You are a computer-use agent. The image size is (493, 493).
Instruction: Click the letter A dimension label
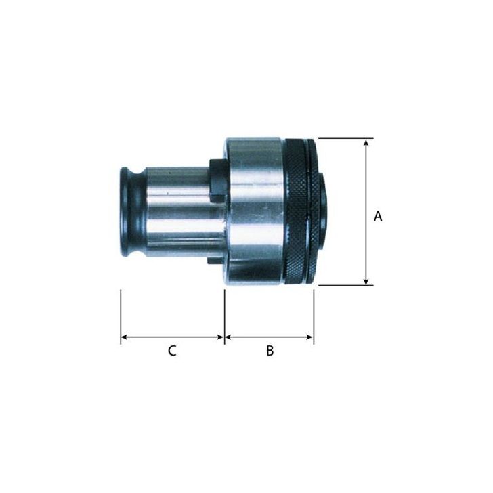click(378, 217)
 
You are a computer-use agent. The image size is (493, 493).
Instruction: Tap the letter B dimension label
click(270, 351)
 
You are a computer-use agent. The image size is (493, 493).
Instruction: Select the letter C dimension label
click(172, 351)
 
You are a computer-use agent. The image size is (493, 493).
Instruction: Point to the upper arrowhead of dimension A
click(366, 143)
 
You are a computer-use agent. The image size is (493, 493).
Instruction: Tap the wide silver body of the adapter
click(255, 212)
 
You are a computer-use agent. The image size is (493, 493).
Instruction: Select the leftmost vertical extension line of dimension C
click(121, 315)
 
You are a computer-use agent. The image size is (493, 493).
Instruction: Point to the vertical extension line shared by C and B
click(224, 315)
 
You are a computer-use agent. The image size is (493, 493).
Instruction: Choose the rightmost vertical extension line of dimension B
click(314, 315)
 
